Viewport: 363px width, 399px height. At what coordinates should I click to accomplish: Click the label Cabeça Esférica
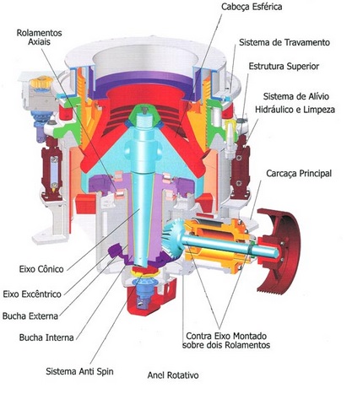pyautogui.click(x=252, y=7)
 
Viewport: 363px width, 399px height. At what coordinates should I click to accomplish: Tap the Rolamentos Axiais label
pyautogui.click(x=39, y=37)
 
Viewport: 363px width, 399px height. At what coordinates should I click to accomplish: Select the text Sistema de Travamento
pyautogui.click(x=284, y=42)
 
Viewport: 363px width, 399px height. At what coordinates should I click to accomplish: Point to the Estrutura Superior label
pyautogui.click(x=284, y=67)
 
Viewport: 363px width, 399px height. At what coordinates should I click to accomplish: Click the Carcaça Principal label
pyautogui.click(x=299, y=173)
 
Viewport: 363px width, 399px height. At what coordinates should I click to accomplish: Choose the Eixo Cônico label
pyautogui.click(x=41, y=269)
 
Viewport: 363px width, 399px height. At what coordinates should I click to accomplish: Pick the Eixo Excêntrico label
pyautogui.click(x=32, y=294)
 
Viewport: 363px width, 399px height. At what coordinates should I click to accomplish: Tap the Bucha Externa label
pyautogui.click(x=30, y=315)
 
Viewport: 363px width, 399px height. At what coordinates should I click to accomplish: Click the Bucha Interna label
pyautogui.click(x=46, y=337)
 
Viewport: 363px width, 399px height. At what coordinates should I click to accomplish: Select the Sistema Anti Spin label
pyautogui.click(x=79, y=371)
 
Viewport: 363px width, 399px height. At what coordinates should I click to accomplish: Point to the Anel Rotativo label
pyautogui.click(x=173, y=375)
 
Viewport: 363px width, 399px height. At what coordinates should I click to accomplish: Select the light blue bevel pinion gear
pyautogui.click(x=172, y=236)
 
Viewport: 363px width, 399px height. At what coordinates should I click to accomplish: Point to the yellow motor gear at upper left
pyautogui.click(x=41, y=82)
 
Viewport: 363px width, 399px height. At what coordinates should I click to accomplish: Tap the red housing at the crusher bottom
pyautogui.click(x=149, y=298)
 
